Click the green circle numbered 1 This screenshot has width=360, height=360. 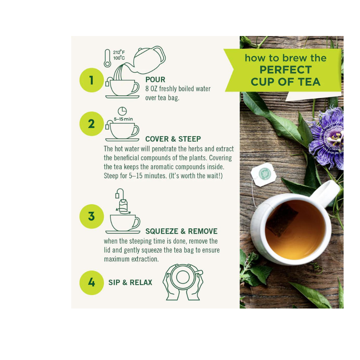[x=91, y=80]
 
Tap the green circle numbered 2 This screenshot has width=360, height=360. [x=91, y=123]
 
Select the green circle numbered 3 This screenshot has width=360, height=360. [x=91, y=216]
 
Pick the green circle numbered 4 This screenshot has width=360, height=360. [x=91, y=283]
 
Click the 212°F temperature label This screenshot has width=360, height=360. [x=119, y=53]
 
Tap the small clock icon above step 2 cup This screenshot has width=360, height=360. [x=122, y=111]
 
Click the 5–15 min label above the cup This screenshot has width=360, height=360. [x=123, y=119]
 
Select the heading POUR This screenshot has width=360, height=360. [x=155, y=80]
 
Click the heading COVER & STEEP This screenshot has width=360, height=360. [x=173, y=139]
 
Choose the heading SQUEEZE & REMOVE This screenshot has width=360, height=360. [x=181, y=231]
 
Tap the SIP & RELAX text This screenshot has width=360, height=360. [x=130, y=283]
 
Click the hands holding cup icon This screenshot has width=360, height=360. [x=183, y=282]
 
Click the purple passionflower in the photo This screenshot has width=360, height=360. [x=328, y=138]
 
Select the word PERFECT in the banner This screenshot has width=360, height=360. [x=285, y=69]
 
